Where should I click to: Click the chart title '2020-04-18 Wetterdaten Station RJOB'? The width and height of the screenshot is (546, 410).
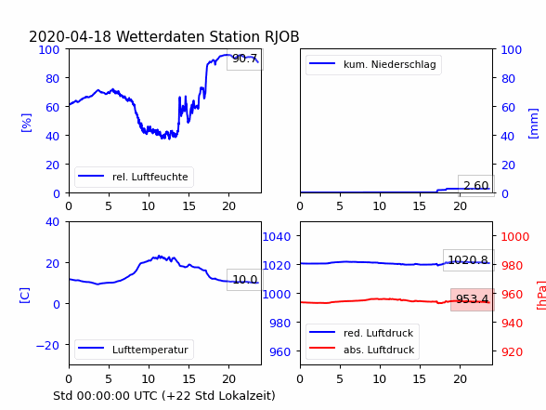[164, 36]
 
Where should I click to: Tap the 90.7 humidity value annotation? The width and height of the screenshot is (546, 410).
[245, 59]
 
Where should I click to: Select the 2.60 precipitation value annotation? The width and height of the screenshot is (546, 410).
[476, 186]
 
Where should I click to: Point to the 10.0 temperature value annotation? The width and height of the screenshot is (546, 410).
[245, 279]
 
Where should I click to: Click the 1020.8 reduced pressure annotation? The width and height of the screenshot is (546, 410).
[468, 259]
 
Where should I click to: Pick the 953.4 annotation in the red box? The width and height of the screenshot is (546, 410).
[472, 299]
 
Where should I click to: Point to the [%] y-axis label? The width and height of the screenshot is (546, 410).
[26, 123]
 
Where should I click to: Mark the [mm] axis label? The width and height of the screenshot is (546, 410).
[533, 124]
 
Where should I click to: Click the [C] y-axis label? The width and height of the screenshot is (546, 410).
[25, 296]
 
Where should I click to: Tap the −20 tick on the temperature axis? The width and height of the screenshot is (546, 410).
[47, 345]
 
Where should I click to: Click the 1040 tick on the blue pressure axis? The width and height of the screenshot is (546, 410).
[277, 237]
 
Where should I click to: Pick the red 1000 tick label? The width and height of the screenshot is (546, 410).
[515, 237]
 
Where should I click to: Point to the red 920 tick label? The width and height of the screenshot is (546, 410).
[512, 351]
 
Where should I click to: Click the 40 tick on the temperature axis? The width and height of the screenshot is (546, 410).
[52, 221]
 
